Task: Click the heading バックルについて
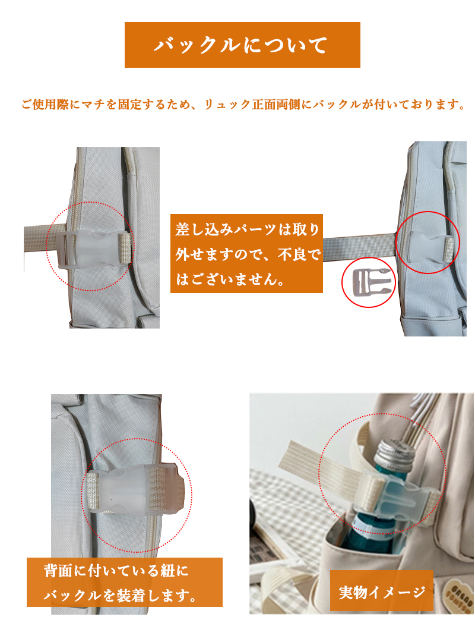[x=242, y=45]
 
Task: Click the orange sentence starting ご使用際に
[x=243, y=105]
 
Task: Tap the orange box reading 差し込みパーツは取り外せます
[x=246, y=253]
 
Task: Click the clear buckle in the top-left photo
[x=93, y=249]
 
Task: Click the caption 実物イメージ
[x=382, y=592]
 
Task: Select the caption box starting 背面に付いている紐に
[x=125, y=583]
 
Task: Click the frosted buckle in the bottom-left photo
[x=135, y=490]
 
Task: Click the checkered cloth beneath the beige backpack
[x=290, y=533]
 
